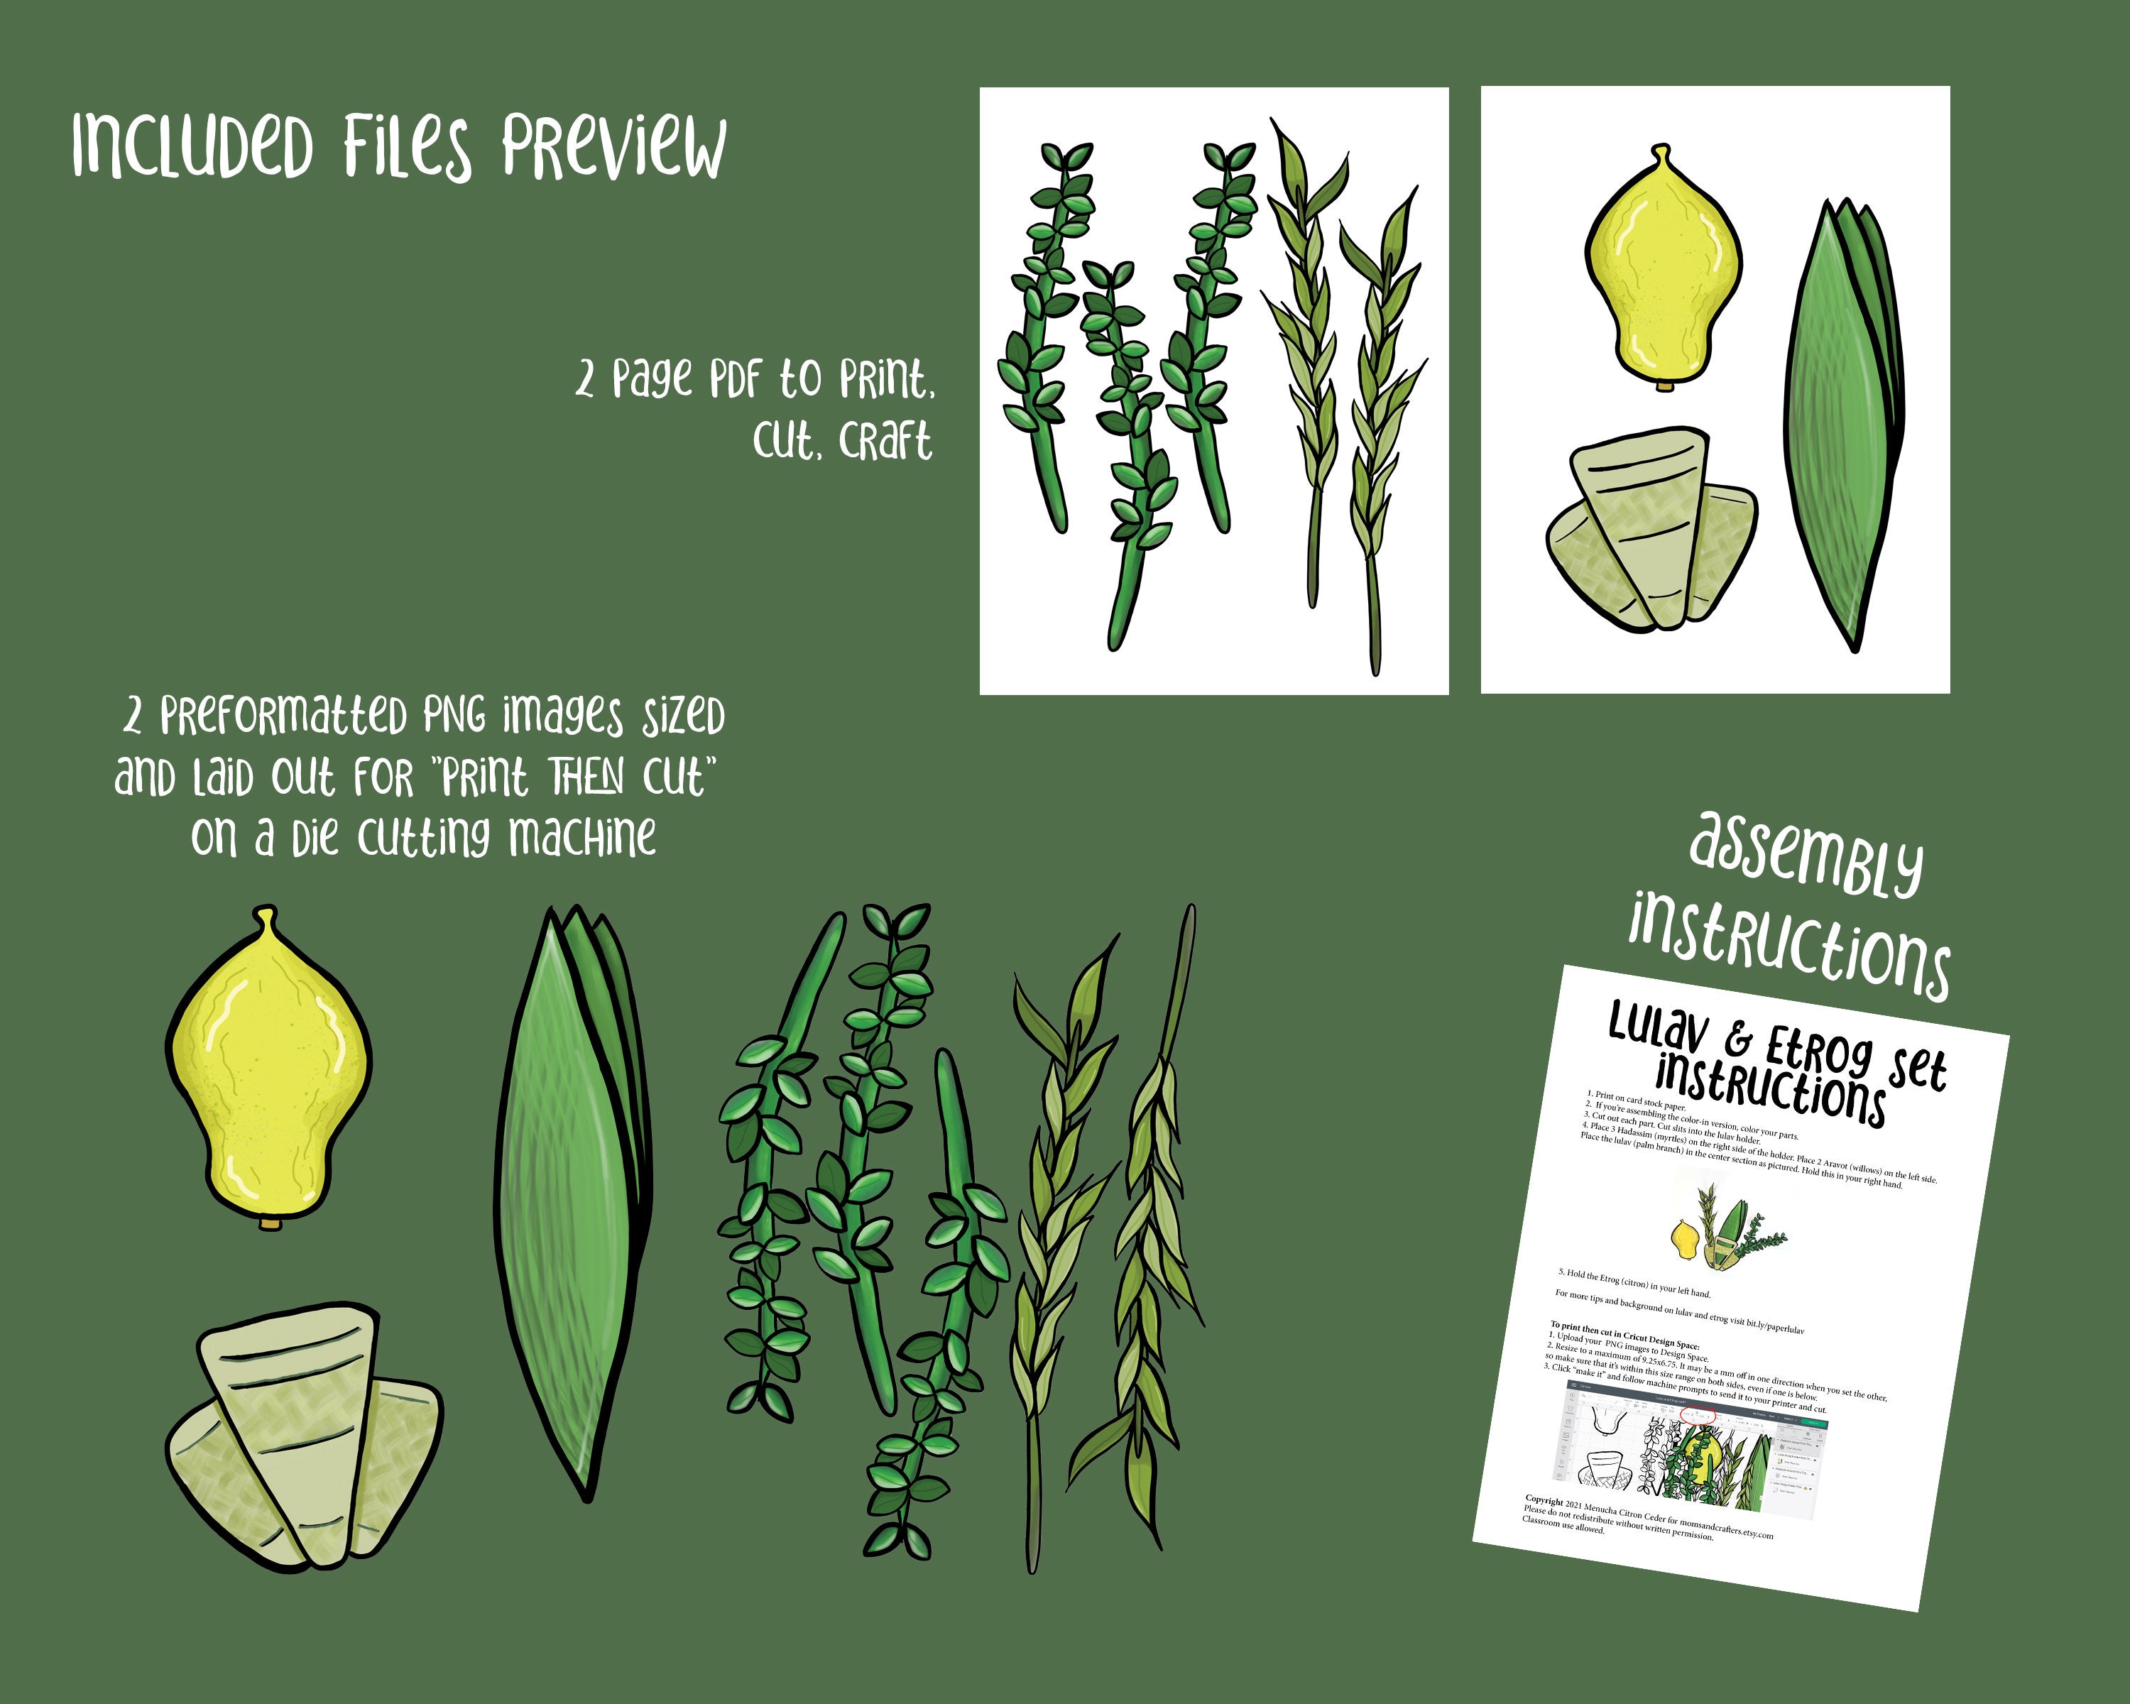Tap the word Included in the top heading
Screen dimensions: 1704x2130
pos(192,146)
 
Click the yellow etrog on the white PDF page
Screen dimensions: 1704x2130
pos(1663,272)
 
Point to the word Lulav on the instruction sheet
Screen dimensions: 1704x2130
pos(1658,1028)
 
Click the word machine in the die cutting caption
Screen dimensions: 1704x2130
pos(582,838)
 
